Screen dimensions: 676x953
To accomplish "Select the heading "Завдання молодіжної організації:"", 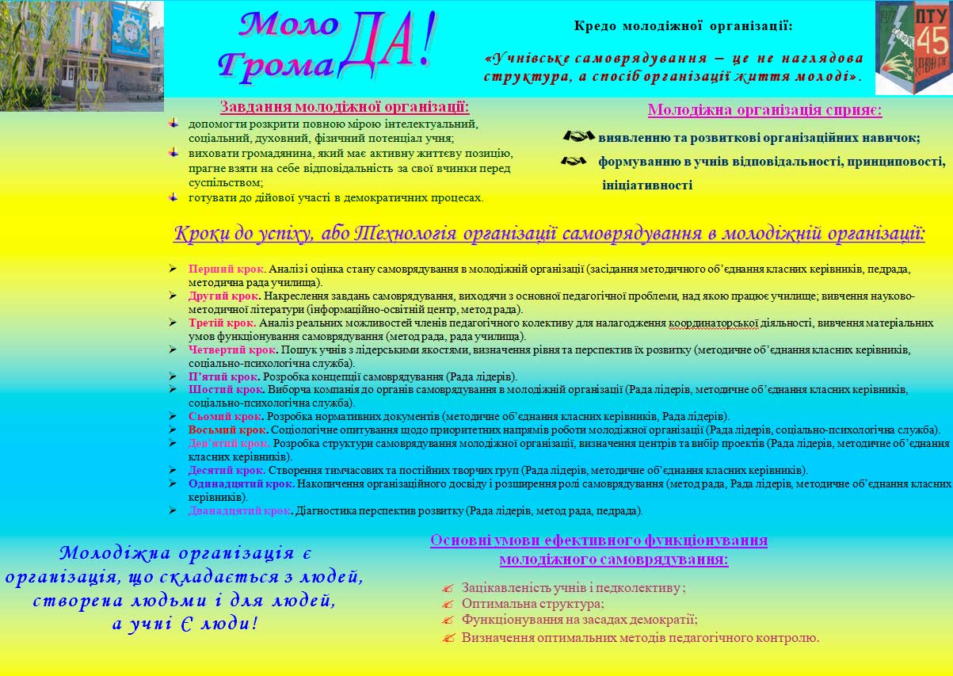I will [344, 107].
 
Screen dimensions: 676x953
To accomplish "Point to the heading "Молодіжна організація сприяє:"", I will [764, 110].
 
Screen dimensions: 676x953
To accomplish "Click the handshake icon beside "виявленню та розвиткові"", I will [578, 136].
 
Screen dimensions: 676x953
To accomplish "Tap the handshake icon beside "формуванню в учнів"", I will [573, 161].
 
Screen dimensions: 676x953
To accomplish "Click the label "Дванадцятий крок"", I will [240, 510].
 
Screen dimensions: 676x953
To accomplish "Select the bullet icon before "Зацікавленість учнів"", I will [448, 588].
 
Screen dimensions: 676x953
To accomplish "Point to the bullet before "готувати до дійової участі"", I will [174, 197].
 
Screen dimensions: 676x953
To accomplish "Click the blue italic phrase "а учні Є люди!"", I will [185, 624].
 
